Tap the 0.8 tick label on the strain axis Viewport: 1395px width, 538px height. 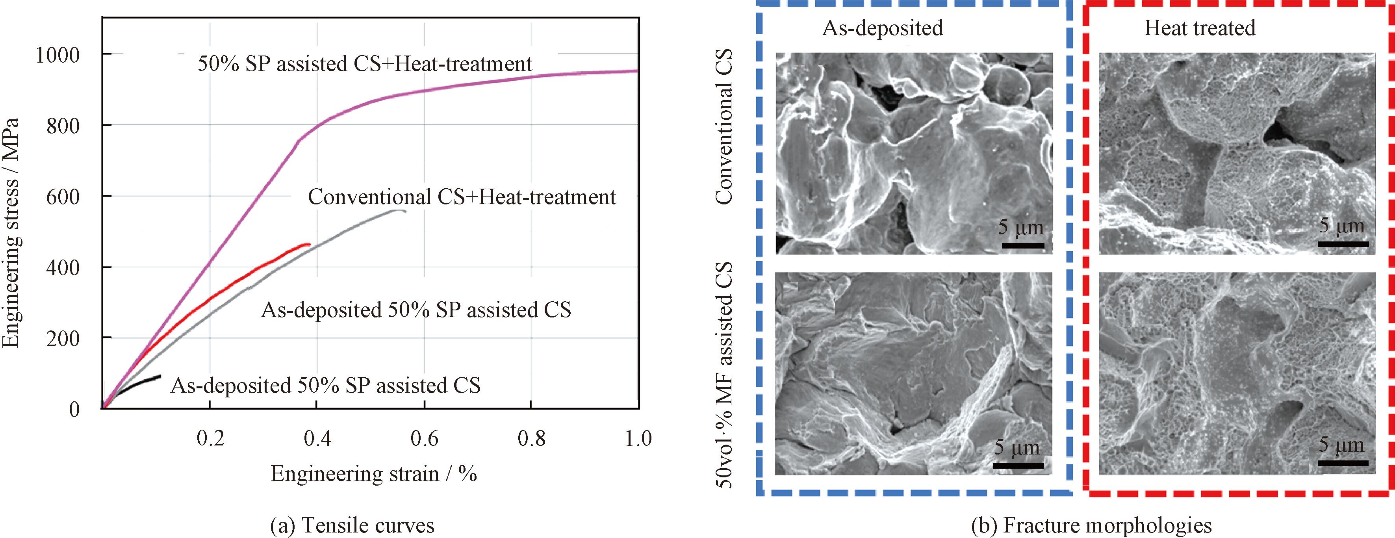[531, 438]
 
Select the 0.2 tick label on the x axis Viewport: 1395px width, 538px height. [210, 438]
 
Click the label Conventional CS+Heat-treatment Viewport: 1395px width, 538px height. [462, 197]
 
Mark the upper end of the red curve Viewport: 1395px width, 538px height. [309, 244]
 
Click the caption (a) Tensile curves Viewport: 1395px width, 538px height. [352, 525]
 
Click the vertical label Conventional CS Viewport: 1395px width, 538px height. [724, 134]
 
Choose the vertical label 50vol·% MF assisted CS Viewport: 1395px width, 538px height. [724, 375]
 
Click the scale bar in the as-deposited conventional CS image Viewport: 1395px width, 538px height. [1022, 245]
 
